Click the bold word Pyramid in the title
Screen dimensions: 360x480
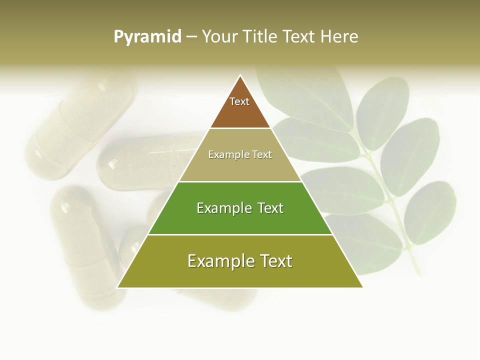pos(147,37)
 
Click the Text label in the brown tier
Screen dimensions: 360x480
pos(239,101)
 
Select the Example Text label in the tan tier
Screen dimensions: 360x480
pos(240,154)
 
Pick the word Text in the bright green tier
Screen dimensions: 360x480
pos(270,208)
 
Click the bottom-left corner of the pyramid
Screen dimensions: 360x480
pos(117,287)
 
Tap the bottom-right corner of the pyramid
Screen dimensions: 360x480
pos(362,287)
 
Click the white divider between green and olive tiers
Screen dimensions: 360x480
pos(240,234)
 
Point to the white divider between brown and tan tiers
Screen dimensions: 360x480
pos(240,128)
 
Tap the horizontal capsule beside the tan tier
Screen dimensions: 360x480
pos(145,162)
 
